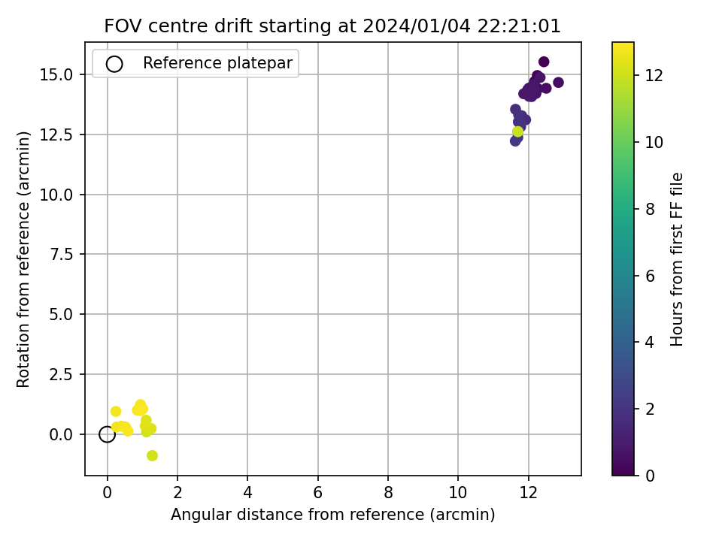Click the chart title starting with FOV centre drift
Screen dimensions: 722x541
332,26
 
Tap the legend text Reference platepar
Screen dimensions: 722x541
217,63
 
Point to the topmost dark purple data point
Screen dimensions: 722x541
544,62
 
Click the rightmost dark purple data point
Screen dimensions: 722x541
558,83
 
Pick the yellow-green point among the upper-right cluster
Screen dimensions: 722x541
518,131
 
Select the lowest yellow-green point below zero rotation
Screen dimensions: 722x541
152,455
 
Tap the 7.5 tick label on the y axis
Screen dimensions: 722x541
61,255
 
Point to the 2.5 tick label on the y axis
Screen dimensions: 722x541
61,374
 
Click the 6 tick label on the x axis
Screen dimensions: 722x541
317,493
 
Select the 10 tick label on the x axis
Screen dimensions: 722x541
458,493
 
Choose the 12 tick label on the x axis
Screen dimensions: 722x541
528,493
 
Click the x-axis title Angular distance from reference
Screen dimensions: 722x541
333,514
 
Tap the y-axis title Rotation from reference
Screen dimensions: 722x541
23,259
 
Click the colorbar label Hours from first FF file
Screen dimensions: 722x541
676,259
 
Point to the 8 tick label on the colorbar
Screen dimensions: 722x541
650,210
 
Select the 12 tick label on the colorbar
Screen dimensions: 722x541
654,75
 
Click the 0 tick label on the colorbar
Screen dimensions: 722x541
650,476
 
